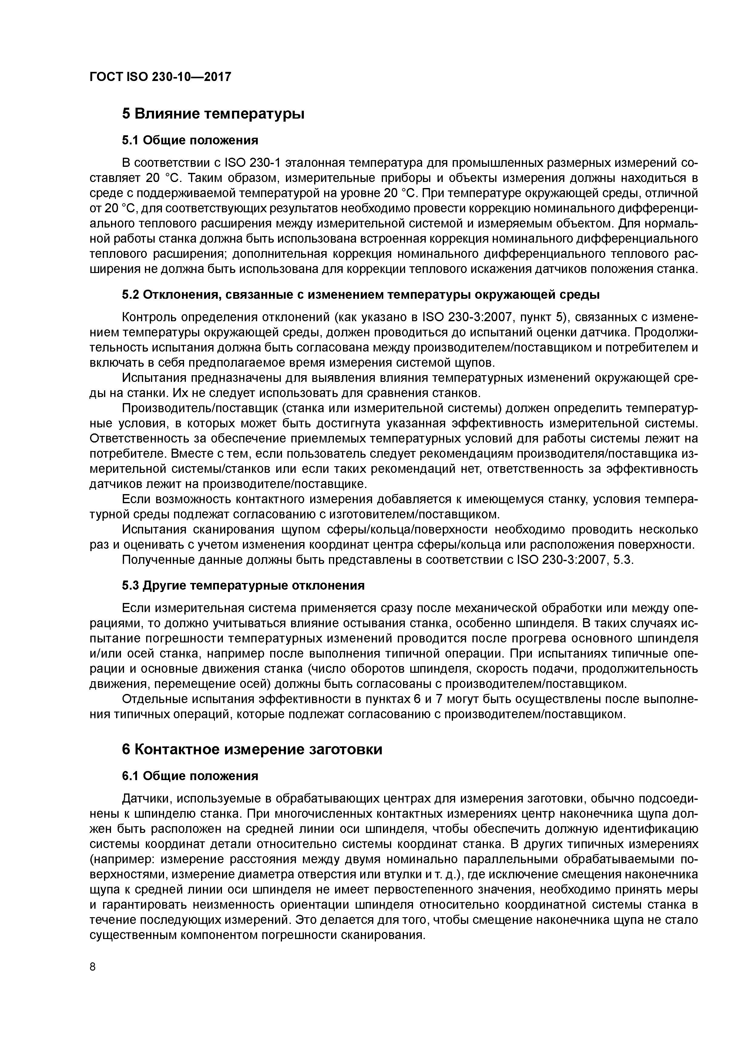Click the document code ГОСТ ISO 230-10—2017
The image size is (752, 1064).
160,77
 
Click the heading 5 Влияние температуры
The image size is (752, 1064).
213,113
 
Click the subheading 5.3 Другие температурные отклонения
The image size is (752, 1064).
243,585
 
